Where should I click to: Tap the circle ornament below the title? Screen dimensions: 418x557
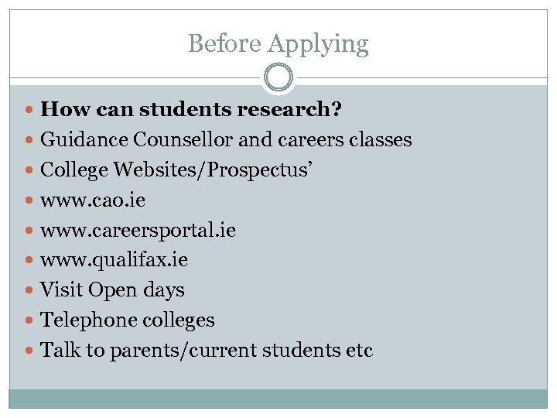(278, 77)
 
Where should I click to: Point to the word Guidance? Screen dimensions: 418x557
(84, 140)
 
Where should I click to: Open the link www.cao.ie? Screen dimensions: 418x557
(93, 200)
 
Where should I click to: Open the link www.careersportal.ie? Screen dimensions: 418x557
(138, 231)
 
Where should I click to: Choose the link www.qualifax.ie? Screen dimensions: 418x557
(114, 260)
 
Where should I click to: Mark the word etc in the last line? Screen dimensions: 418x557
(358, 351)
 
